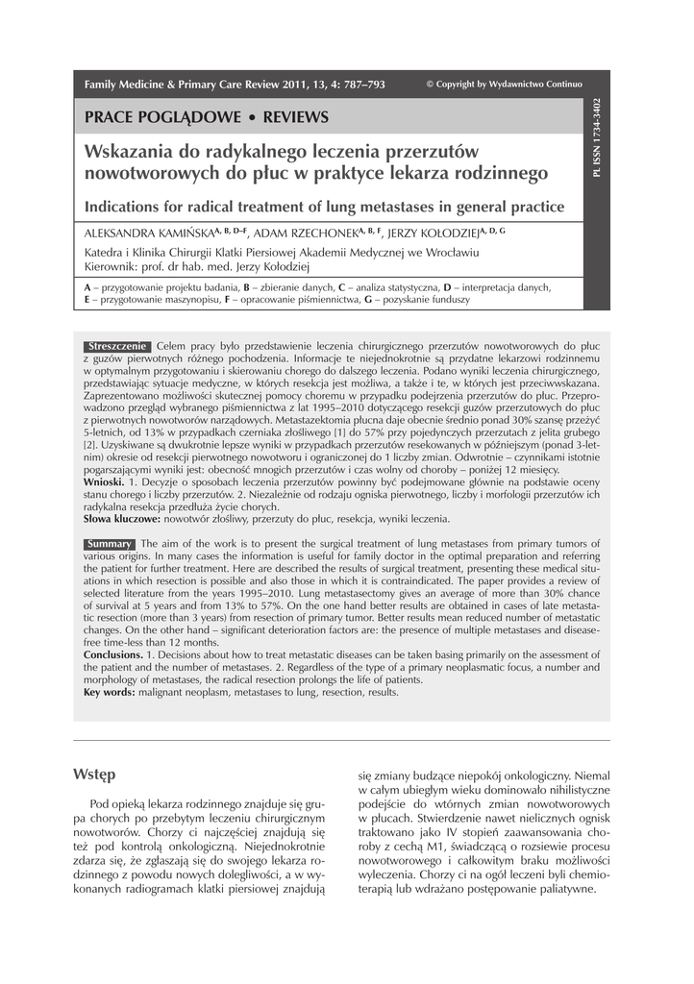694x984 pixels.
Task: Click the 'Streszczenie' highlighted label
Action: (x=116, y=345)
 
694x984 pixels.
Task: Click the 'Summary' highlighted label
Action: (x=109, y=544)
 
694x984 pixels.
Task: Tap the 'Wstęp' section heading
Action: (x=94, y=775)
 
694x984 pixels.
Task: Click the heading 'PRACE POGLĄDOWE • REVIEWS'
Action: (x=207, y=117)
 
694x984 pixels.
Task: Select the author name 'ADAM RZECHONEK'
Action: (x=310, y=234)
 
